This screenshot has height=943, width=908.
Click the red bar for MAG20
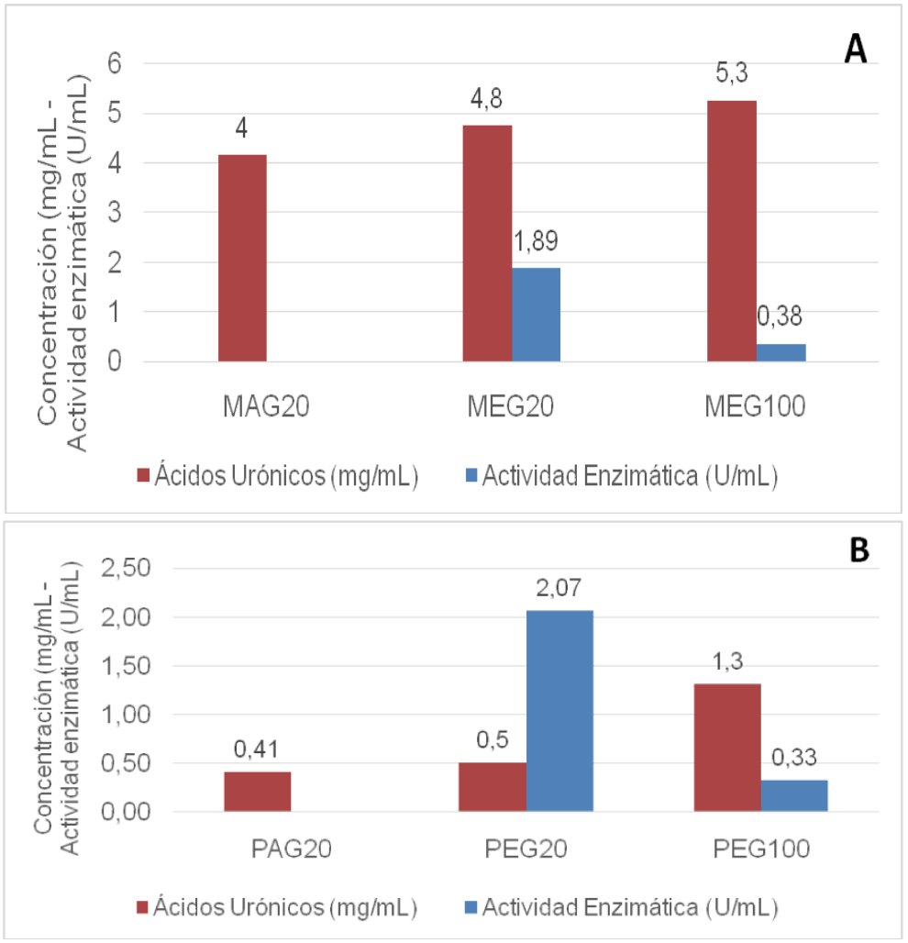coord(242,258)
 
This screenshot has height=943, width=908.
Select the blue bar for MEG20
coord(536,315)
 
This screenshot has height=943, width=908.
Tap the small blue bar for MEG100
coord(781,352)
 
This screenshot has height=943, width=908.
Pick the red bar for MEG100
coord(732,230)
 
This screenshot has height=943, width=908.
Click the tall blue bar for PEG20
coord(559,711)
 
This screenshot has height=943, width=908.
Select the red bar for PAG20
coord(257,792)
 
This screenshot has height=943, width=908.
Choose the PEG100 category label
coord(761,849)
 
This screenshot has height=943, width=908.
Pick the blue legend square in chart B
coord(472,908)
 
